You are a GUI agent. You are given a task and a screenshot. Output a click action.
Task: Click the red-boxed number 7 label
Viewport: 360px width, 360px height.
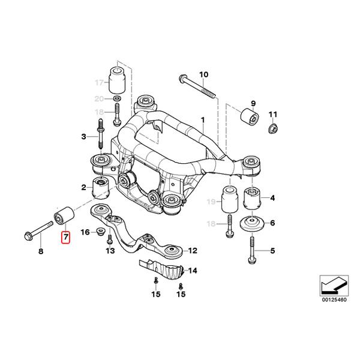[x=65, y=236]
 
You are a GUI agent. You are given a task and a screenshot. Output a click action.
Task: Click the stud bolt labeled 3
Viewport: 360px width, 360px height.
[x=100, y=136]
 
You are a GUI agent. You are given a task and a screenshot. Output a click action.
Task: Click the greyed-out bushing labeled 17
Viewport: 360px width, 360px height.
[x=116, y=77]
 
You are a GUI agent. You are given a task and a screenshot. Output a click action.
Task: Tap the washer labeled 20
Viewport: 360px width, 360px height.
[x=116, y=97]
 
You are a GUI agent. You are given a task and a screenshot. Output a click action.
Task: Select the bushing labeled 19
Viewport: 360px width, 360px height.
[x=228, y=200]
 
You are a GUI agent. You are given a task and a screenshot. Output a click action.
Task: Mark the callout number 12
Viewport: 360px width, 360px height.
[x=193, y=250]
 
